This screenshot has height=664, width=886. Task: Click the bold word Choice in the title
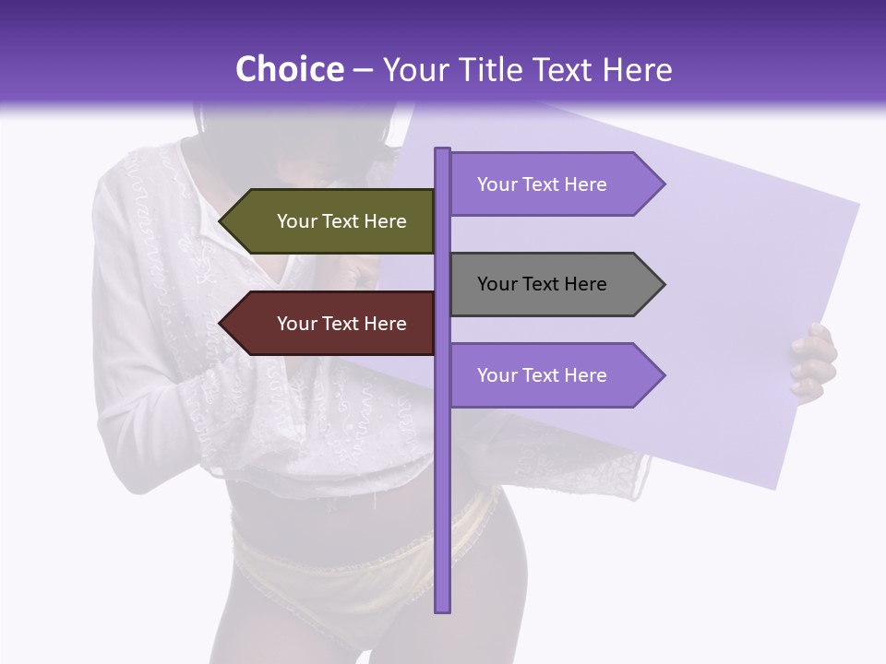click(289, 69)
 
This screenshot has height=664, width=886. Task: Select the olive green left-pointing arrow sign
click(332, 221)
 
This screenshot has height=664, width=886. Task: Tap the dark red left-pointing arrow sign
click(332, 324)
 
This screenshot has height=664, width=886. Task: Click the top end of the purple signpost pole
click(442, 150)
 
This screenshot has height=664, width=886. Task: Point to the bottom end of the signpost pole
click(442, 610)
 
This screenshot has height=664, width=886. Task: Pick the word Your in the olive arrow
click(296, 221)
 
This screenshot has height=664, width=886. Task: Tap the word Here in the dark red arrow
click(385, 324)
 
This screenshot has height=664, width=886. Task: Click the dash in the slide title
click(363, 71)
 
